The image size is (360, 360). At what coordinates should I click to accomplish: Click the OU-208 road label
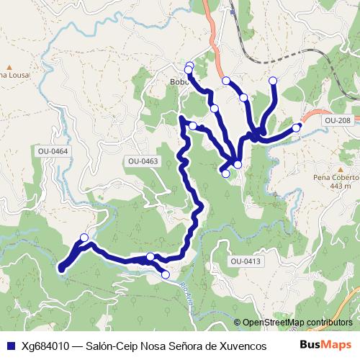tap(337, 120)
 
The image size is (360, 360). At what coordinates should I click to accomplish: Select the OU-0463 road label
tap(143, 161)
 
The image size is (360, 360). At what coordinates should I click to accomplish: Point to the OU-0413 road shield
tap(245, 261)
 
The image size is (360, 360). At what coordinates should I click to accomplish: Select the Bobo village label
tap(179, 81)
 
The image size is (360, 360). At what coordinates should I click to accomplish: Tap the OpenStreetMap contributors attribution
tap(297, 323)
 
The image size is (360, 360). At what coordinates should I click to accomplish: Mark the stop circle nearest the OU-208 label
tap(297, 127)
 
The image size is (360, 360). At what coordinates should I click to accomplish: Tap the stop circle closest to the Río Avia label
tap(166, 274)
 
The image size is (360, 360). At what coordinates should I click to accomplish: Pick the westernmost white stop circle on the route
tap(84, 238)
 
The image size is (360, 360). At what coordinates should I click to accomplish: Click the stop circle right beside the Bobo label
tap(189, 69)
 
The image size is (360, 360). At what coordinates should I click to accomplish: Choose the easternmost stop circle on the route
tap(297, 127)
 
